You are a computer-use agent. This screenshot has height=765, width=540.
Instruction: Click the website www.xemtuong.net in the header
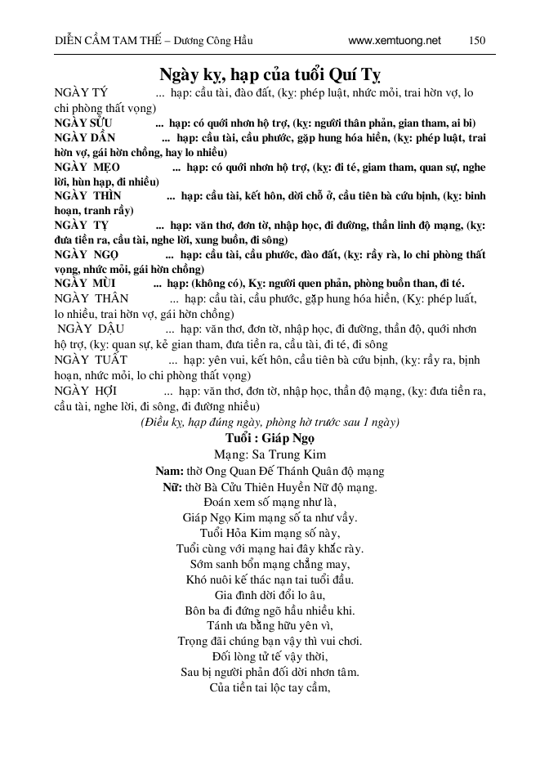394,40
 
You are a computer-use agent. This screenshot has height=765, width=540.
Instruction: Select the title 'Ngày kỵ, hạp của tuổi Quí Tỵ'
270,73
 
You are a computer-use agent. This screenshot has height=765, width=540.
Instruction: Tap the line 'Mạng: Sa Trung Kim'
270,454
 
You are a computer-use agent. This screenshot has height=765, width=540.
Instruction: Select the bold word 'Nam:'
169,471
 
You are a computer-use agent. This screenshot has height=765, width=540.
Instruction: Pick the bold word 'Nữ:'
172,487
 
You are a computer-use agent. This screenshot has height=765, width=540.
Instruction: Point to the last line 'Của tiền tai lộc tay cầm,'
270,688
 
